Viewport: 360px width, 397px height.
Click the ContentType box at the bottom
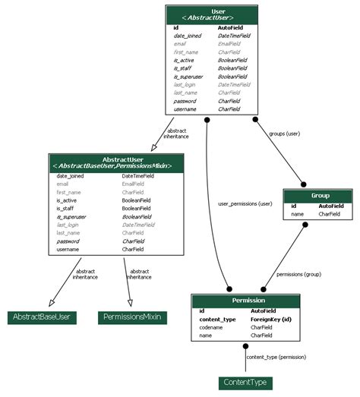(x=245, y=383)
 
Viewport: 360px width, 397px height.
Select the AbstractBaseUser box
(x=43, y=317)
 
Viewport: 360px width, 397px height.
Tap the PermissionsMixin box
(x=132, y=317)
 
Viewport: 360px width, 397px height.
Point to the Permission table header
(x=248, y=301)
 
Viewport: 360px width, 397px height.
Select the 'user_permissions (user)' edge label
(x=245, y=203)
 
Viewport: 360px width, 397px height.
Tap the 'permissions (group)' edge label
(x=298, y=274)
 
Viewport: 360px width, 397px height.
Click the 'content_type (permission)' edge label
(x=276, y=356)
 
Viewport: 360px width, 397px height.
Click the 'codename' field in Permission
(x=211, y=327)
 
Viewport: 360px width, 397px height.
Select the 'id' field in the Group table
(x=294, y=206)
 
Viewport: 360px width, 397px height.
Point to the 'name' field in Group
(x=298, y=214)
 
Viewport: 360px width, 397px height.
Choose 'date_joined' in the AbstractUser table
(x=70, y=175)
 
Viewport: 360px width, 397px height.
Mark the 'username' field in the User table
(x=185, y=109)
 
